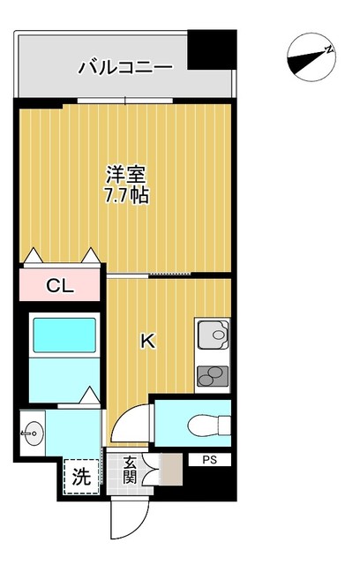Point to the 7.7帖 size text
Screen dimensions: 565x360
pos(123,195)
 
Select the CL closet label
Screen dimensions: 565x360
pos(60,286)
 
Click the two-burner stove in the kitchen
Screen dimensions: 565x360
pos(213,375)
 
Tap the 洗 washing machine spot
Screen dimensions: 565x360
pos(80,479)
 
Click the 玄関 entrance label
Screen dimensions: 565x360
pos(131,471)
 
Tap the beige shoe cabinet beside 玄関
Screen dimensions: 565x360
pos(169,471)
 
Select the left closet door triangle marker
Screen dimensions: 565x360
pos(34,257)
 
